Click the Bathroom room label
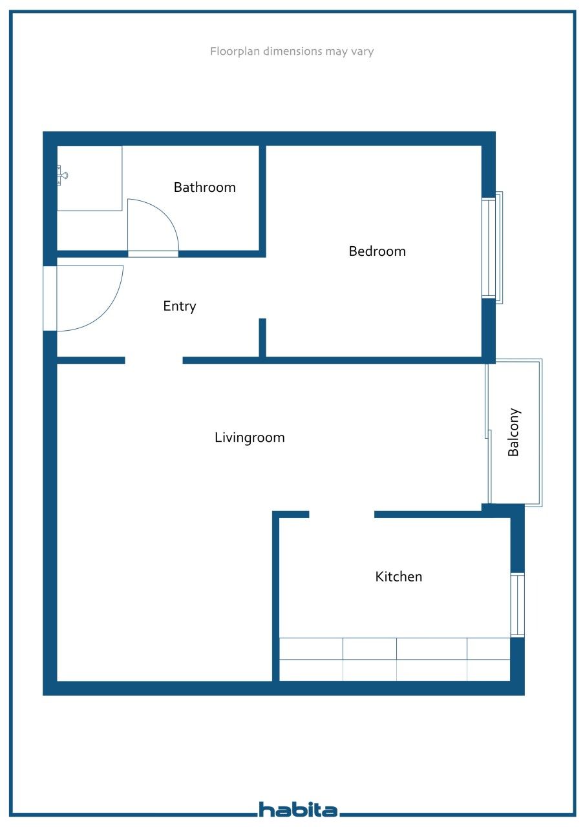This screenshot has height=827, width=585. [204, 187]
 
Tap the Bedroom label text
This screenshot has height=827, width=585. [377, 251]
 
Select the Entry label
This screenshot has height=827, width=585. [179, 306]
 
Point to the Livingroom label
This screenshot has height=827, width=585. [250, 437]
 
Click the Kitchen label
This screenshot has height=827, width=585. [398, 576]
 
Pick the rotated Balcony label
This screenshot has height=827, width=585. [514, 432]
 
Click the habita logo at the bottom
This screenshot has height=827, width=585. [298, 809]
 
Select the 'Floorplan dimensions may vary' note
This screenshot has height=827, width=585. [292, 51]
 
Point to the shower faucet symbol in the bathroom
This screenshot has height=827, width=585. [61, 175]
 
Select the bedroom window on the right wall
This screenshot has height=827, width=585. [491, 248]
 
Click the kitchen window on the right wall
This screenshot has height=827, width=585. [518, 605]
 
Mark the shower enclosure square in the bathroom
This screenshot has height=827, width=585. [90, 178]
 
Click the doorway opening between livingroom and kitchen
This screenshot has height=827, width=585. [341, 515]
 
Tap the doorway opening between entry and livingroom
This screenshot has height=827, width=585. [154, 361]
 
